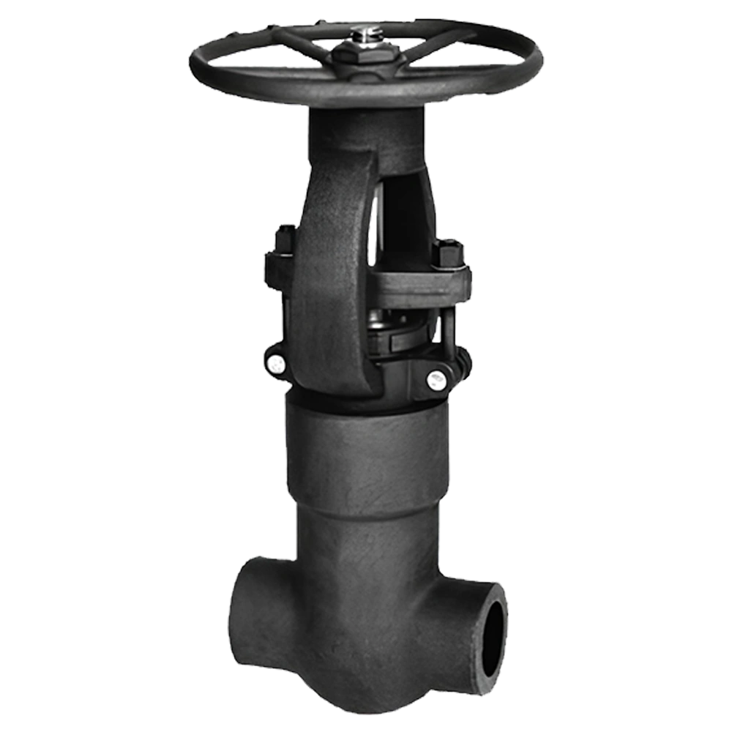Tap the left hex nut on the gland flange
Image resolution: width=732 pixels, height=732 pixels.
tap(285, 241)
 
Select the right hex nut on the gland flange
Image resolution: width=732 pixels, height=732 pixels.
tap(447, 253)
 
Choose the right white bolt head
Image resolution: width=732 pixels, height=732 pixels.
tap(437, 379)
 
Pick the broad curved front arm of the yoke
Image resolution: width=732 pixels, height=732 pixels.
tap(333, 278)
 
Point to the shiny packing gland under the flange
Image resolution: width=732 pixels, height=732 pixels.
tap(388, 322)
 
